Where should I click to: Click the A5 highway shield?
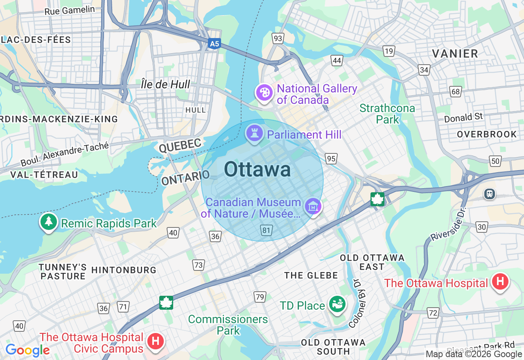(x=213, y=43)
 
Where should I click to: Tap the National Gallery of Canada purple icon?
(x=264, y=92)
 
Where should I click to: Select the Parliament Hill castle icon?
(x=255, y=133)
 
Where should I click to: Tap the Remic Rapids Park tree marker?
(x=49, y=222)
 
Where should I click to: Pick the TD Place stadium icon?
(x=338, y=304)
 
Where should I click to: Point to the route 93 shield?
(x=278, y=38)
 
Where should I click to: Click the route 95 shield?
(x=331, y=158)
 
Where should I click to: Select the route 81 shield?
(x=267, y=231)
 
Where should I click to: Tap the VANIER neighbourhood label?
(x=455, y=54)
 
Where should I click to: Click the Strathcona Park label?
(x=387, y=114)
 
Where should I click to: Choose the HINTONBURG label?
(x=124, y=270)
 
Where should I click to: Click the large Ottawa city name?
(x=257, y=169)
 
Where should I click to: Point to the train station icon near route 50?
(x=490, y=193)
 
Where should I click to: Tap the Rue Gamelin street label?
(x=70, y=10)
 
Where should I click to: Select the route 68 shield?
(x=456, y=91)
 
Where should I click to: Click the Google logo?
(x=27, y=350)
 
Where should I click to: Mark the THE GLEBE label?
(x=311, y=275)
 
